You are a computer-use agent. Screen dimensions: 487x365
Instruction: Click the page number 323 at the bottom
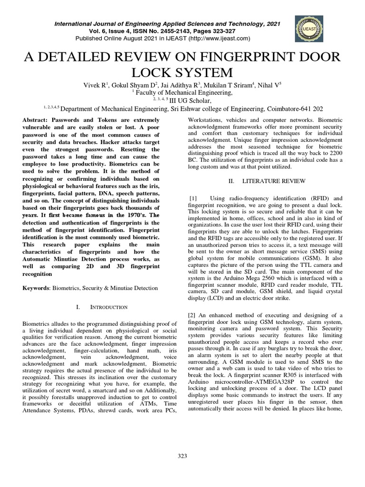pyautogui.click(x=182, y=456)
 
